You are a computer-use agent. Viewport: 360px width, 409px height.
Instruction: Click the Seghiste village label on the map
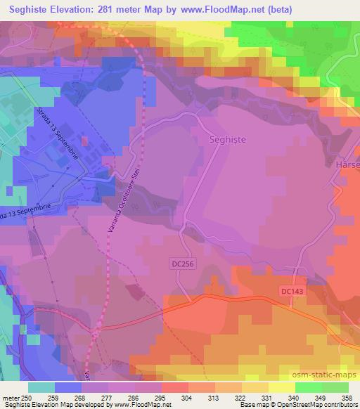tap(228, 140)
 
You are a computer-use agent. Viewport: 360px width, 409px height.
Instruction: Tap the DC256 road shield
tap(182, 264)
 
